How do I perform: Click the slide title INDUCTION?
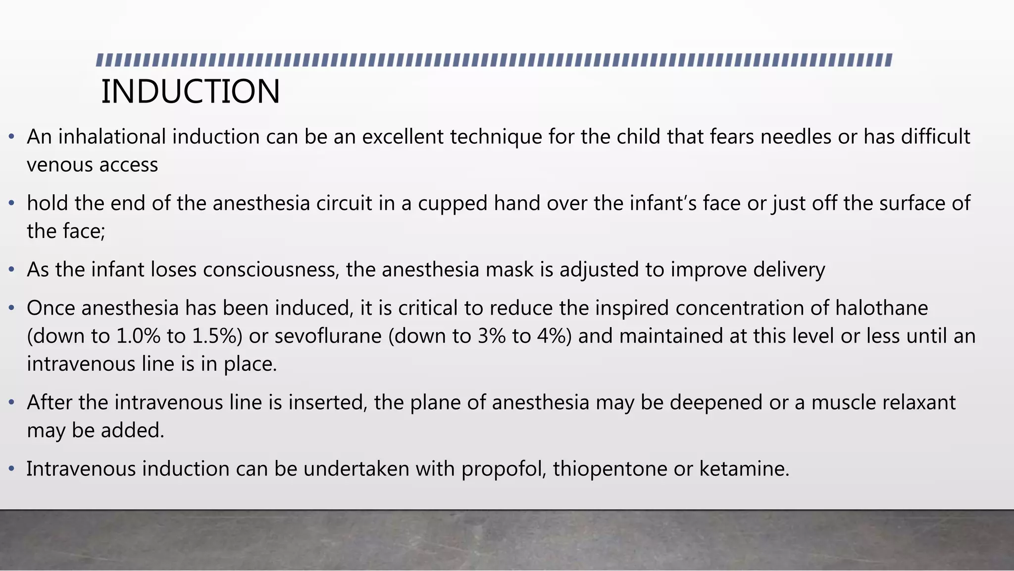[191, 92]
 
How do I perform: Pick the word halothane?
[881, 308]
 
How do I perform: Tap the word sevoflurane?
[328, 336]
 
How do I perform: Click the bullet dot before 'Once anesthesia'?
[11, 308]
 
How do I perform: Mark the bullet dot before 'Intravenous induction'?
[11, 469]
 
